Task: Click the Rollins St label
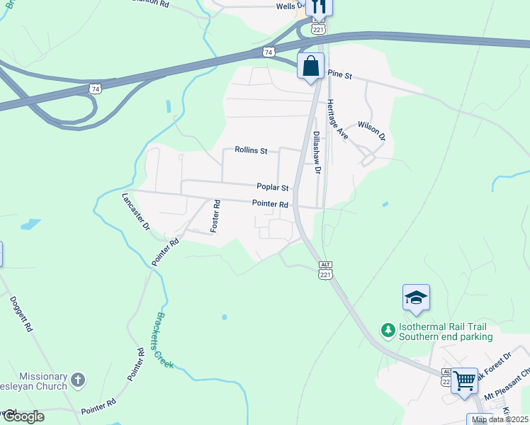coord(252,151)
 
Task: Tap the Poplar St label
coord(273,188)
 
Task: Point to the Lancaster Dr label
coord(136,212)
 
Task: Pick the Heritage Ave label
coord(336,120)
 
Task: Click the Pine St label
coord(340,74)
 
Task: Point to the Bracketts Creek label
coord(164,340)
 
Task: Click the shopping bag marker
coord(310,67)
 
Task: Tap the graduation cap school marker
coord(416,297)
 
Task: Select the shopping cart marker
coord(465,380)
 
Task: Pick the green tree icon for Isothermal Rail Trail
coord(388,330)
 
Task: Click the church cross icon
coord(78,380)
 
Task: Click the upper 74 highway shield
coord(267,52)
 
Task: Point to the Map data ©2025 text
coord(500,419)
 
